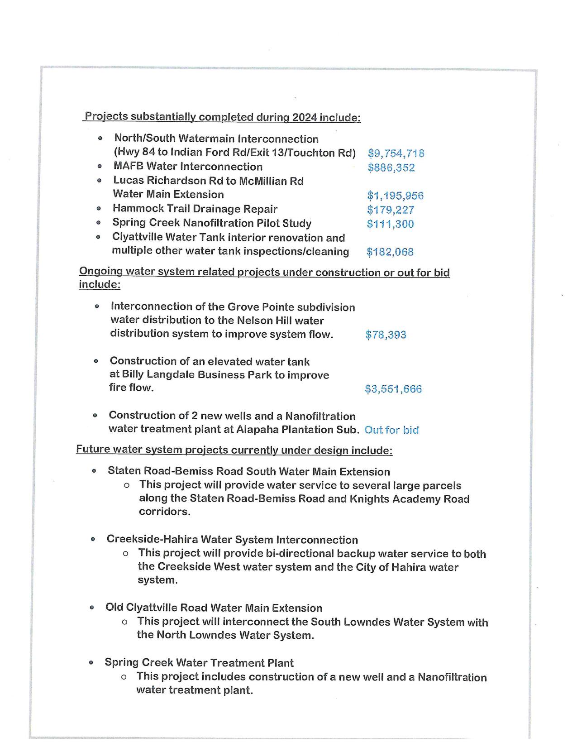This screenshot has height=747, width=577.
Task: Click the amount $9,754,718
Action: [x=396, y=153]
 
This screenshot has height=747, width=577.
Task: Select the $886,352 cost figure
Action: [x=391, y=168]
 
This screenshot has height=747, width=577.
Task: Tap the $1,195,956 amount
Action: [x=395, y=196]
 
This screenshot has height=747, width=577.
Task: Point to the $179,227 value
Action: [x=391, y=210]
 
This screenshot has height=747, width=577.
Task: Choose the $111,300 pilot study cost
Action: [x=390, y=224]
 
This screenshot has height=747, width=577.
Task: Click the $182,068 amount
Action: [x=390, y=252]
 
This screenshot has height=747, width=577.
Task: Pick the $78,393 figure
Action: [x=386, y=335]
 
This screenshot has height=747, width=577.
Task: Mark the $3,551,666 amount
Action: [x=393, y=389]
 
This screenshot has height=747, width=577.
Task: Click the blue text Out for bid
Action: [x=391, y=430]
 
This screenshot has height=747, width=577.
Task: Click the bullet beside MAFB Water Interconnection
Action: [x=100, y=167]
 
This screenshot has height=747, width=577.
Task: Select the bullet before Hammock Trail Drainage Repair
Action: [x=99, y=209]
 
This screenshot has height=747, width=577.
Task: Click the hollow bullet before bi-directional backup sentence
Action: [x=125, y=554]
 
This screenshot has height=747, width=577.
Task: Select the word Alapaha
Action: [x=256, y=429]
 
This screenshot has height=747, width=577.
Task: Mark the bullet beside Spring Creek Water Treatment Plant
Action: [x=91, y=663]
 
